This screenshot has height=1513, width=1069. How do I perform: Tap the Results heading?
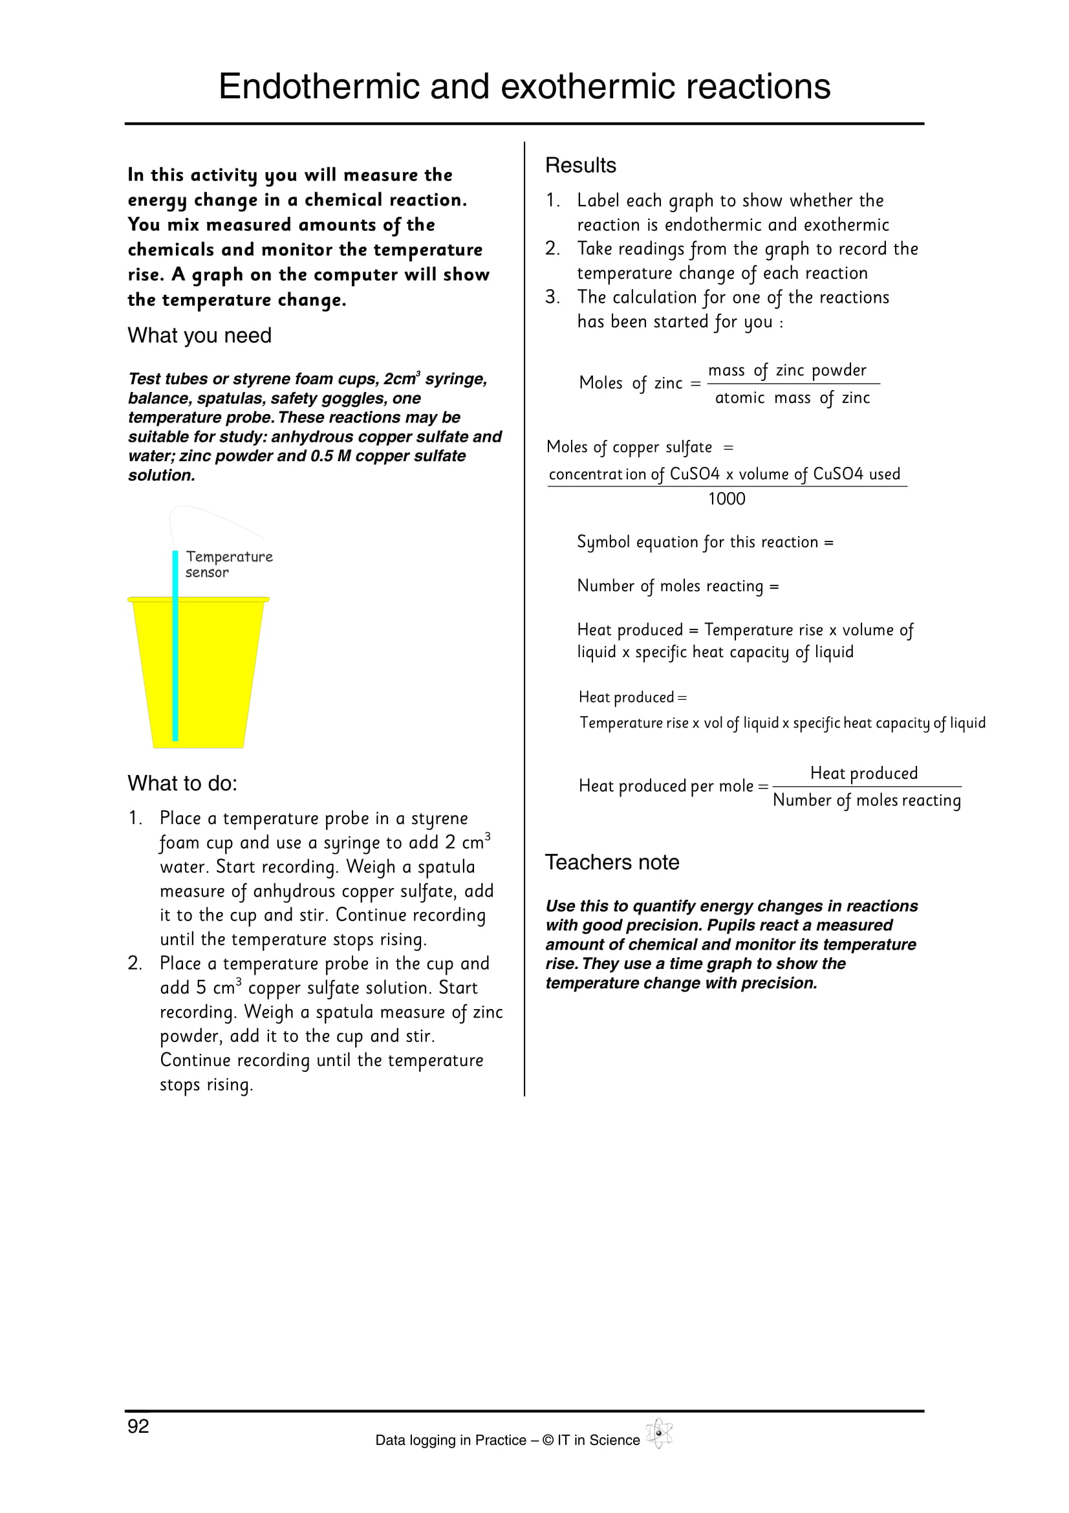pos(580,166)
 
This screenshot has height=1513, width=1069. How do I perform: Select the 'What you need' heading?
pos(200,336)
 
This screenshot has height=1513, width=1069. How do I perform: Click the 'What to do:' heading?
pos(182,783)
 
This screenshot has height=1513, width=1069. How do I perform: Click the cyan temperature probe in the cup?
pos(175,659)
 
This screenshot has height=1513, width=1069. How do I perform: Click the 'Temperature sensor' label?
pos(228,564)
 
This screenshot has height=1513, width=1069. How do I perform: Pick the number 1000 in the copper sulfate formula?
pos(726,499)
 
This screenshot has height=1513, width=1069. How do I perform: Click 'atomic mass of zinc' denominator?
pos(792,398)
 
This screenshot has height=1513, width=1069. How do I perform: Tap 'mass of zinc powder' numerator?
pos(787,371)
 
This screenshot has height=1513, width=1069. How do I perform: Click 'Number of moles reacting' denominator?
pos(866,800)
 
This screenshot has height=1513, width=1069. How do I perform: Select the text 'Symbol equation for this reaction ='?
pos(705,542)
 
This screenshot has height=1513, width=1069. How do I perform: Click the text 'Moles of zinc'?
pos(631,383)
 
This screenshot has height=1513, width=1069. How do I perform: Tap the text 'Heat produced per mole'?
pos(666,786)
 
